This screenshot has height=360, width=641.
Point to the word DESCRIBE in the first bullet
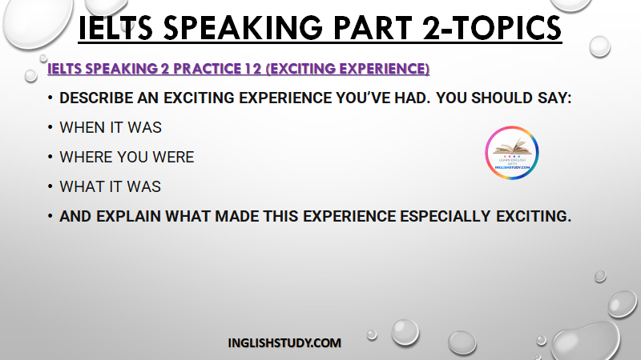pos(96,98)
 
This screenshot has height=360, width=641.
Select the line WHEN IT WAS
pos(111,128)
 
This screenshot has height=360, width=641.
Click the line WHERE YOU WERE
pos(127,157)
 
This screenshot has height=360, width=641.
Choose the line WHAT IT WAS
pos(111,187)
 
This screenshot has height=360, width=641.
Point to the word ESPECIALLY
pos(445,216)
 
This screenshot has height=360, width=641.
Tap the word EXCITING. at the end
pos(534,216)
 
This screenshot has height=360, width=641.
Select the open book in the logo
pos(512,147)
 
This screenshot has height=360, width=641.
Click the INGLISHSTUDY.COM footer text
pos(284,343)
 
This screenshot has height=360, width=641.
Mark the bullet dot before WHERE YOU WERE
pos(50,157)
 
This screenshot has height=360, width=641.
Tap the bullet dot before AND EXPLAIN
pos(50,216)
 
